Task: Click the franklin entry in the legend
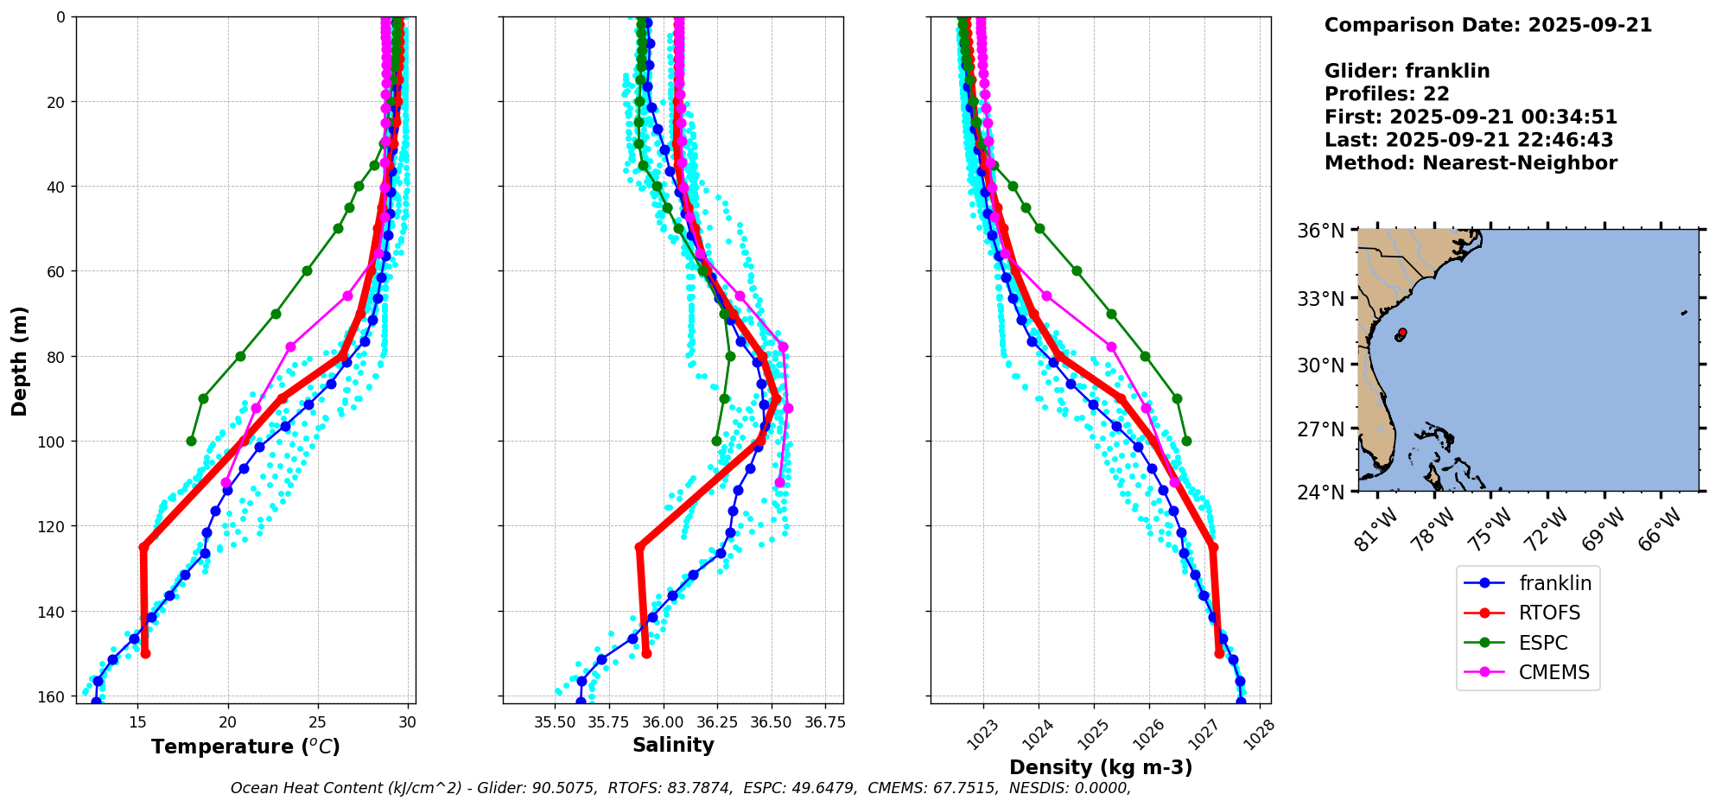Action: pyautogui.click(x=1554, y=583)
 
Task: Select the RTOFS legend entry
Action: pyautogui.click(x=1549, y=613)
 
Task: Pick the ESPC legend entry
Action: pyautogui.click(x=1543, y=643)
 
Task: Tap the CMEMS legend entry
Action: pyautogui.click(x=1553, y=673)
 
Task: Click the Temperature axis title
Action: pyautogui.click(x=245, y=747)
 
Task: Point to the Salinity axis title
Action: pyautogui.click(x=673, y=746)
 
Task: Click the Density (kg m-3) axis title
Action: pyautogui.click(x=1100, y=767)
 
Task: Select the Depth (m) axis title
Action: pyautogui.click(x=19, y=360)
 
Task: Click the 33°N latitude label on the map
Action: pyautogui.click(x=1320, y=299)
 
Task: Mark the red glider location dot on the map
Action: pyautogui.click(x=1401, y=333)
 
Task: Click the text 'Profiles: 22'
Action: pyautogui.click(x=1386, y=94)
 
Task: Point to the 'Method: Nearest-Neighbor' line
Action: pyautogui.click(x=1470, y=163)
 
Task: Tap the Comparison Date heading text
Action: pyautogui.click(x=1487, y=25)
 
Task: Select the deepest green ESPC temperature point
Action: pyautogui.click(x=191, y=442)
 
